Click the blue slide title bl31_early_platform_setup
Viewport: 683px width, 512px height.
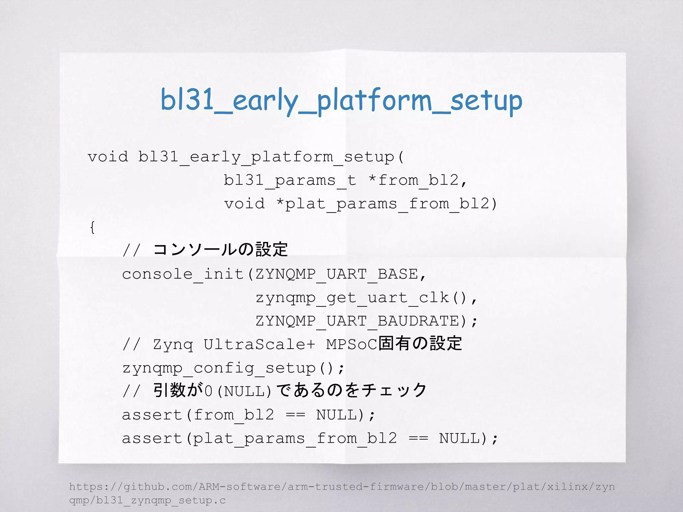point(341,100)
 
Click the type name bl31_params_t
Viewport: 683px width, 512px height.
point(289,180)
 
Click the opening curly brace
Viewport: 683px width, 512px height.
point(92,227)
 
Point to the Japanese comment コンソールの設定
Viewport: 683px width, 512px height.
point(220,250)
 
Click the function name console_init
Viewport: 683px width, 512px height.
point(183,274)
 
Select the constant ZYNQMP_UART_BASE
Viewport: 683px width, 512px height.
point(337,274)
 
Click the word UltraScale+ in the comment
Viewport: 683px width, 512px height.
point(259,344)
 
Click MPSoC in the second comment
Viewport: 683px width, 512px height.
point(352,344)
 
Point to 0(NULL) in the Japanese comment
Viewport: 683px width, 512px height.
point(238,391)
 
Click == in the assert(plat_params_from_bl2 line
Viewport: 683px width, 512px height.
point(418,438)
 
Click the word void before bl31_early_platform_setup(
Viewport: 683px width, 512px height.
point(108,157)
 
